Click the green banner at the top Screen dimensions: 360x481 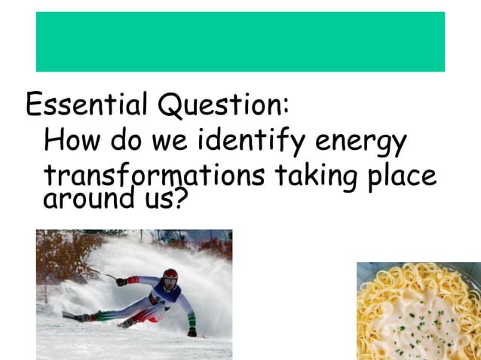click(240, 41)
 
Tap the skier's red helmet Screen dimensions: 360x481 click(170, 276)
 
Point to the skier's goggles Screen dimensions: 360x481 click(171, 283)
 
